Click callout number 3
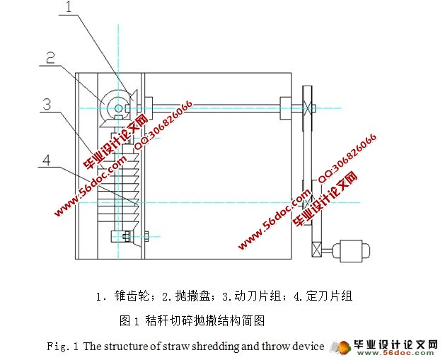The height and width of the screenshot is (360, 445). (47, 105)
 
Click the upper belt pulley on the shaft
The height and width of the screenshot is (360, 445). (306, 108)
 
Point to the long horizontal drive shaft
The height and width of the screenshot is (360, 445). (212, 108)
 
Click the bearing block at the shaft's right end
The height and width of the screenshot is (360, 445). (286, 108)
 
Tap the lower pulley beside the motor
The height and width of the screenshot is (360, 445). (314, 249)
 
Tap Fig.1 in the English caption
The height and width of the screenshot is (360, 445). (63, 347)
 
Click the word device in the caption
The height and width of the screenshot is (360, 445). (308, 347)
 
